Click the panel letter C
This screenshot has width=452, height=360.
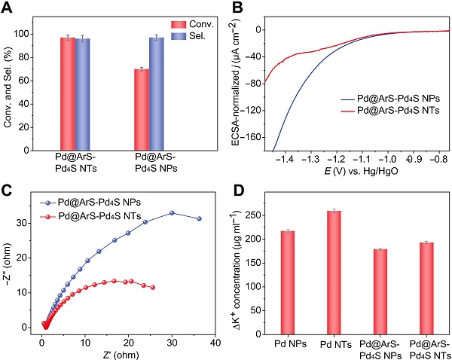7,191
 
